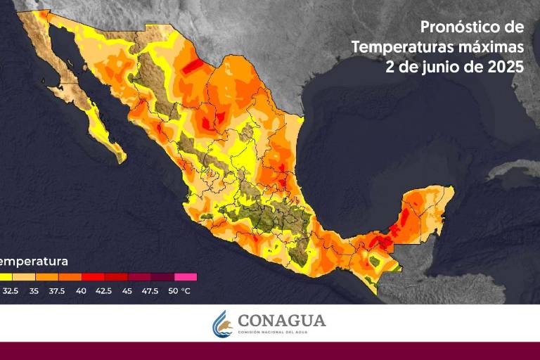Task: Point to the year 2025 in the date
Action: [x=505, y=67]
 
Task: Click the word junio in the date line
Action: [x=442, y=67]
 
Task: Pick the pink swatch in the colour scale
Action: [x=186, y=277]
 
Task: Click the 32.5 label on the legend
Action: [x=11, y=290]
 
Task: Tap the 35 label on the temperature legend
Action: [x=34, y=290]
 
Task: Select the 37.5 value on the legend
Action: [x=57, y=290]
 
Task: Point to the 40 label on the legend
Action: [x=81, y=290]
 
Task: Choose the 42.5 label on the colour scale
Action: [x=103, y=290]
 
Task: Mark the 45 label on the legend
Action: [x=127, y=290]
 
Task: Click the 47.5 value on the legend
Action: [x=150, y=290]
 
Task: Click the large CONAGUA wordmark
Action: [x=281, y=321]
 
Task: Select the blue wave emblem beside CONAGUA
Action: [x=223, y=323]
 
